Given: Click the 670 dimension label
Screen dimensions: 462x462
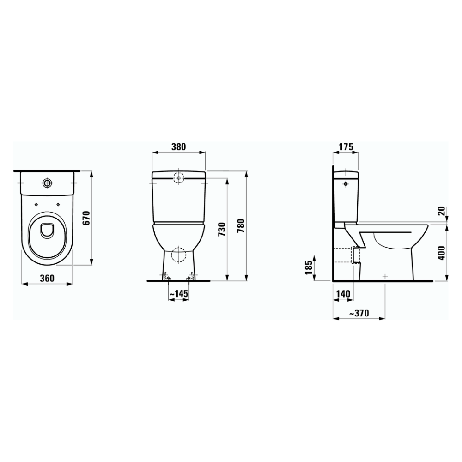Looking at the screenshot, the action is pos(86,218).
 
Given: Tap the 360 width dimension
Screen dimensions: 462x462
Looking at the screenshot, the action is pos(47,278).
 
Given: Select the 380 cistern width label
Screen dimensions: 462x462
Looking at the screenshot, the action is pos(178,147).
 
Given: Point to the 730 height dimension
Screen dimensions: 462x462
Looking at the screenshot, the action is pos(222,229).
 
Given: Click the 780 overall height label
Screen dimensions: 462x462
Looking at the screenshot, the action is pos(241,226).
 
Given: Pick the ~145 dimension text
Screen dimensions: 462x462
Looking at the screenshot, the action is pos(178,294).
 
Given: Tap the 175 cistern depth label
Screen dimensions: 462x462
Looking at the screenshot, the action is pos(346,147).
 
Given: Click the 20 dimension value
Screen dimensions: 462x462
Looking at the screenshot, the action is pos(441,211).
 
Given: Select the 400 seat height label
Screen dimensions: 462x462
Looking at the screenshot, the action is pos(441,252).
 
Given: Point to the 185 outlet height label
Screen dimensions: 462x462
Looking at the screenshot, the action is pos(309,267).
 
